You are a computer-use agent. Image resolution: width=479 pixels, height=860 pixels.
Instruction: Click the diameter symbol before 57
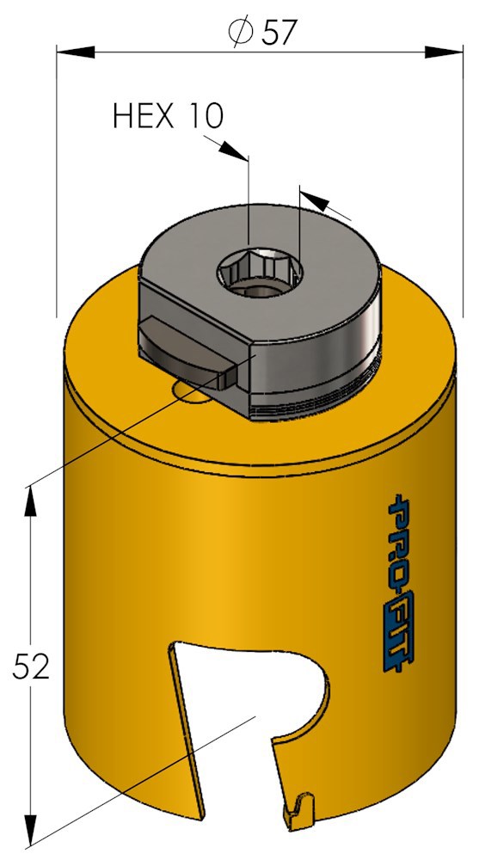[240, 33]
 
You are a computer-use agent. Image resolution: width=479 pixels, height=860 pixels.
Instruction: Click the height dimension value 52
[31, 666]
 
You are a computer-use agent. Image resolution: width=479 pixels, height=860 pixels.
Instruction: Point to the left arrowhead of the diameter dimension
[75, 52]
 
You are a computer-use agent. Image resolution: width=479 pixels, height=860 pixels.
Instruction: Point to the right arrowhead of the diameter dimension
[444, 52]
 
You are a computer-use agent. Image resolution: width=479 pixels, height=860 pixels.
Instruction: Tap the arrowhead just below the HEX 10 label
[233, 150]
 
